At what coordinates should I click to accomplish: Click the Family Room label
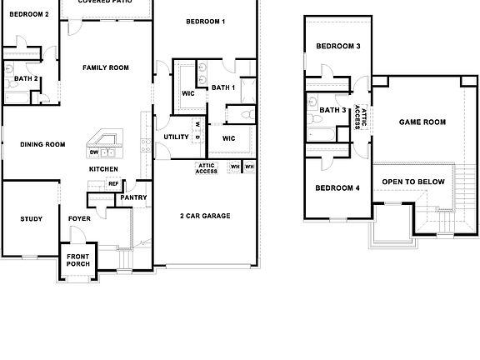pyautogui.click(x=106, y=67)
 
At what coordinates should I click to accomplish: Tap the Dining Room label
pyautogui.click(x=42, y=144)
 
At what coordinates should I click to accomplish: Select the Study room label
pyautogui.click(x=32, y=219)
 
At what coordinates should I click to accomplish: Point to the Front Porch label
pyautogui.click(x=78, y=260)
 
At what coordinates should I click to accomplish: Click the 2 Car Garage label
pyautogui.click(x=205, y=216)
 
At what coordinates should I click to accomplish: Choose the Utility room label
pyautogui.click(x=176, y=137)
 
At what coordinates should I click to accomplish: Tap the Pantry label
pyautogui.click(x=133, y=197)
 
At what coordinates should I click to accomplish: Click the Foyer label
pyautogui.click(x=79, y=219)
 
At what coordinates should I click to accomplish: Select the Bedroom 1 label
pyautogui.click(x=206, y=21)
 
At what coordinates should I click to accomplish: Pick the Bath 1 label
pyautogui.click(x=223, y=87)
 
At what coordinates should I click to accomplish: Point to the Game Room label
pyautogui.click(x=422, y=122)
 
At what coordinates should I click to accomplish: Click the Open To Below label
pyautogui.click(x=411, y=181)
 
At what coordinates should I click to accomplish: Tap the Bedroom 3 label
pyautogui.click(x=337, y=46)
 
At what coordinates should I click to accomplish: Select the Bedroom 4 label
pyautogui.click(x=337, y=187)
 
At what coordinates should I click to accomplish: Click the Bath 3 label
pyautogui.click(x=333, y=110)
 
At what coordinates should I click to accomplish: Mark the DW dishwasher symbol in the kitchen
pyautogui.click(x=94, y=152)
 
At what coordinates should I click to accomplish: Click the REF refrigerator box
pyautogui.click(x=113, y=184)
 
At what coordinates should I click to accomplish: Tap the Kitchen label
pyautogui.click(x=104, y=169)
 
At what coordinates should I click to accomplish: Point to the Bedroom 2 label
pyautogui.click(x=29, y=14)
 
